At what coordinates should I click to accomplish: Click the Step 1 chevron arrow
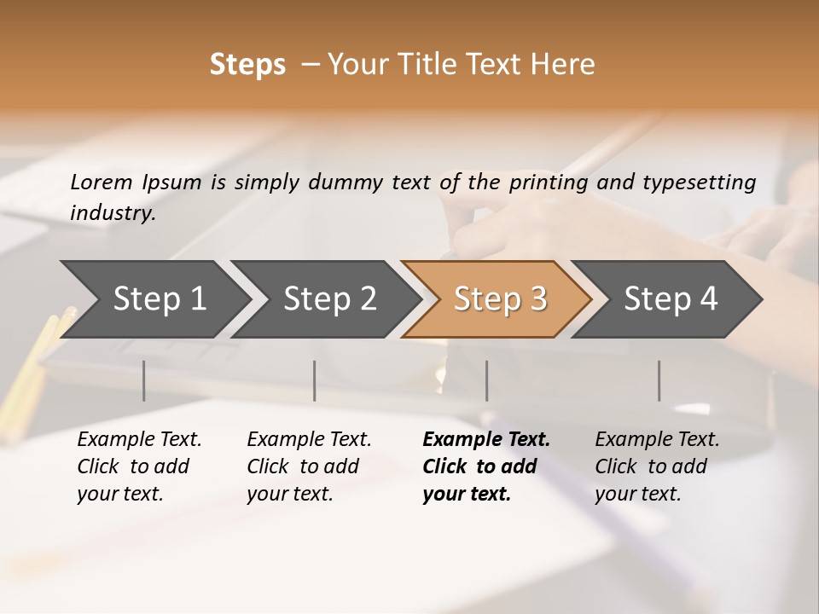[x=159, y=299]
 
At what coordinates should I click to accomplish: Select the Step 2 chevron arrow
[x=329, y=299]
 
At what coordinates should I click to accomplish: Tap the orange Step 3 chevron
[x=500, y=299]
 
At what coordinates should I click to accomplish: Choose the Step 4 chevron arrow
[x=671, y=299]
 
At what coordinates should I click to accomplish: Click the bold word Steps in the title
[x=247, y=65]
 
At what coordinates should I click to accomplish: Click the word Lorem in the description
[x=101, y=182]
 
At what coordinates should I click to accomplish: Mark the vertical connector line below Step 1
[x=143, y=380]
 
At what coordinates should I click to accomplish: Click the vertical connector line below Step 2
[x=315, y=380]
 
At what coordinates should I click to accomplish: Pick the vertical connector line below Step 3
[x=486, y=380]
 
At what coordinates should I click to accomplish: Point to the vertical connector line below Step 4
[x=659, y=380]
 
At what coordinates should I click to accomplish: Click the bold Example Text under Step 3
[x=486, y=440]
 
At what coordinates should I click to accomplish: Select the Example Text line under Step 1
[x=139, y=440]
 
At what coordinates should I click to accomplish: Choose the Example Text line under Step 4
[x=657, y=440]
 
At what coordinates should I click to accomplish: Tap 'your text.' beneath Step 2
[x=289, y=494]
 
